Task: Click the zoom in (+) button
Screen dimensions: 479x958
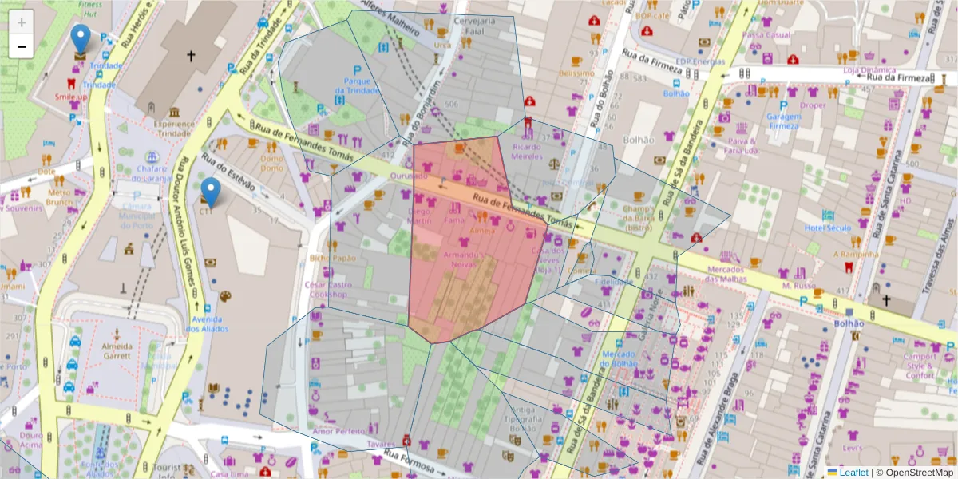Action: point(22,22)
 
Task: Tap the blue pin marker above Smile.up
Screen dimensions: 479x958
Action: point(81,38)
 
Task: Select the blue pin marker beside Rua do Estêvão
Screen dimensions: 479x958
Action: point(210,192)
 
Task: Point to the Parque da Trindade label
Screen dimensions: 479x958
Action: point(357,85)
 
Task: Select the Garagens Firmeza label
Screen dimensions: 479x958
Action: point(783,121)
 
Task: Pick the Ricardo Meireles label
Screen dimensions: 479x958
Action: point(527,152)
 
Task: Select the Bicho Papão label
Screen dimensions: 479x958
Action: point(333,258)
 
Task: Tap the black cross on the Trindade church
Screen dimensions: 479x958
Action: point(190,56)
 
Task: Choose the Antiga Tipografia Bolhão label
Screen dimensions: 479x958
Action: point(524,419)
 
